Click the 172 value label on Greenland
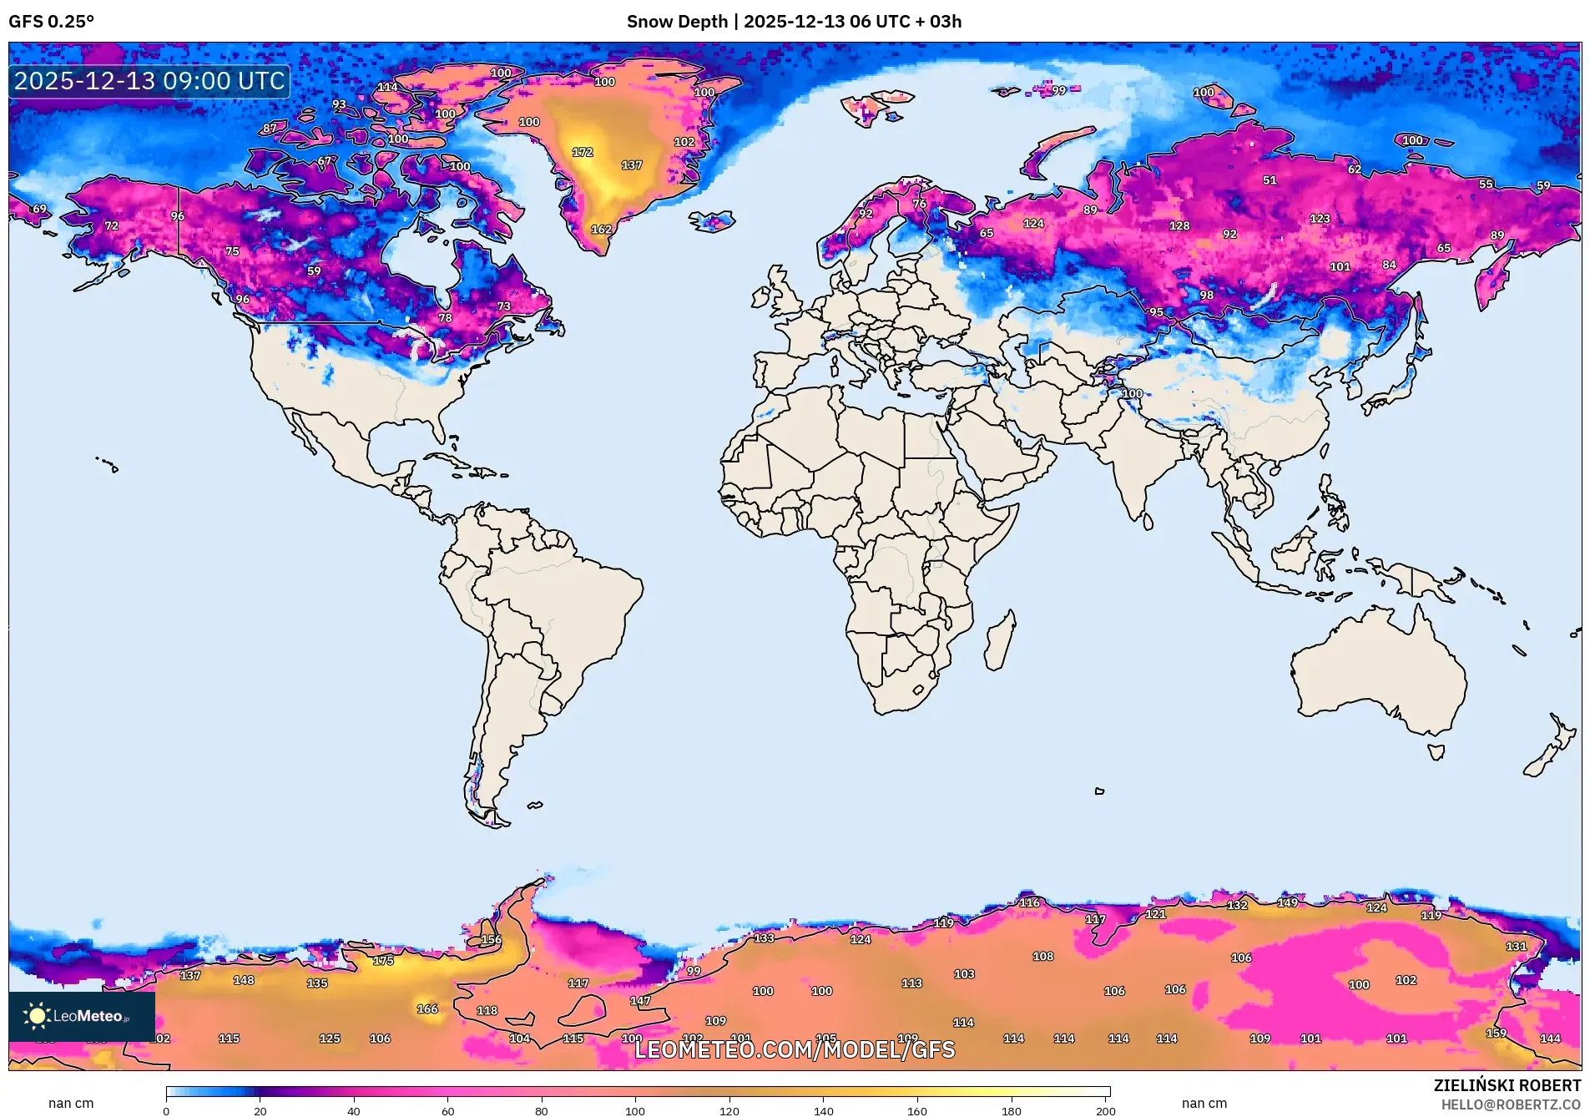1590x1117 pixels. (x=583, y=152)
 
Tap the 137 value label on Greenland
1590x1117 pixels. (x=632, y=165)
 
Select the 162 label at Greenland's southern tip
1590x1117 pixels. (x=601, y=230)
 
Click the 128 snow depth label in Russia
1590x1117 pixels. (x=1179, y=226)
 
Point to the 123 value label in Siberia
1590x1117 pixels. (x=1320, y=219)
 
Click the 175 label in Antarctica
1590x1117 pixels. (x=383, y=961)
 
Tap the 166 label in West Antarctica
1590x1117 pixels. (x=427, y=1009)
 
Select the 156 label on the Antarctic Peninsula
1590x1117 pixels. (x=491, y=940)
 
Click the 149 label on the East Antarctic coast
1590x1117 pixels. (x=1288, y=903)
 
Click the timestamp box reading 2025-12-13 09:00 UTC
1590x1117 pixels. (x=149, y=81)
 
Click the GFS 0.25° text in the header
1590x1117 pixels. (x=52, y=22)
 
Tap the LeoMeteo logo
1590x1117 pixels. (x=81, y=1016)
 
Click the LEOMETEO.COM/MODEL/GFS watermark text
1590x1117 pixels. (x=795, y=1049)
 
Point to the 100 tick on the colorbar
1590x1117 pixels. (x=635, y=1110)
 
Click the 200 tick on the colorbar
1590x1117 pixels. (x=1105, y=1110)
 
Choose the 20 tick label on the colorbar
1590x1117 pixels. (x=260, y=1110)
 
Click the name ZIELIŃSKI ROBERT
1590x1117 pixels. (x=1507, y=1085)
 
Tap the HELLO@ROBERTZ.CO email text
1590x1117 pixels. (x=1510, y=1104)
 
